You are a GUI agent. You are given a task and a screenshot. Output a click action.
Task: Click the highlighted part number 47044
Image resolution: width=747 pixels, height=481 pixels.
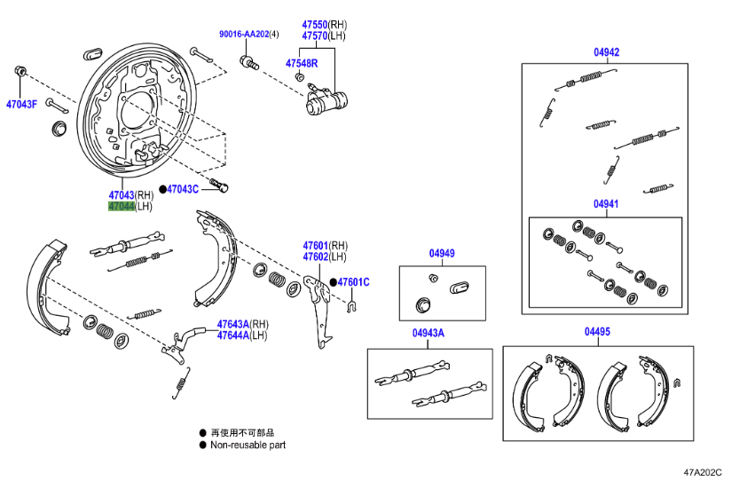122,207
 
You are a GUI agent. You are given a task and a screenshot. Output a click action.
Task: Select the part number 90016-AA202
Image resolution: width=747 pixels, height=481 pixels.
244,35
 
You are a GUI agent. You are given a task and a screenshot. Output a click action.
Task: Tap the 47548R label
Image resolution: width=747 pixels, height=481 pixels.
302,63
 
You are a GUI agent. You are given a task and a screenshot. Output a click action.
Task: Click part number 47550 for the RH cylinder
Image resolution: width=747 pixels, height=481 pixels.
314,24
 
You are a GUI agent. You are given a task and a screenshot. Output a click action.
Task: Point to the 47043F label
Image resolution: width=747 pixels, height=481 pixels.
21,104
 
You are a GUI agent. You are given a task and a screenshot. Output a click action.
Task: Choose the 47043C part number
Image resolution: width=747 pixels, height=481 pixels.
183,189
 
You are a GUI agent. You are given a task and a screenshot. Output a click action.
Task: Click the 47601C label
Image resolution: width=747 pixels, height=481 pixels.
353,282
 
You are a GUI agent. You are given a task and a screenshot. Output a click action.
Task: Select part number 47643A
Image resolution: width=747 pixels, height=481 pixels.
233,324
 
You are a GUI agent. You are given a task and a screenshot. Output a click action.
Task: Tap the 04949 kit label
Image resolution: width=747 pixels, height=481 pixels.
442,253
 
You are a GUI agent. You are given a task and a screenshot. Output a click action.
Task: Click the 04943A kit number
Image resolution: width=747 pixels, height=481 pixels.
429,333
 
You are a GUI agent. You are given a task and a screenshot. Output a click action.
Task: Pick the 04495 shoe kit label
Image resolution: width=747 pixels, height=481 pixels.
597,331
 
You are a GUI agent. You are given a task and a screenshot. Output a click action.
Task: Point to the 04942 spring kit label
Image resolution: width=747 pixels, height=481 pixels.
607,52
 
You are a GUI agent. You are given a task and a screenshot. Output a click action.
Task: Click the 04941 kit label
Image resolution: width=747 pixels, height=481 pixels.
606,204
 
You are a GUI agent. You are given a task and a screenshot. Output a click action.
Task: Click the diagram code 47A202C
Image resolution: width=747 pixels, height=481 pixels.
703,472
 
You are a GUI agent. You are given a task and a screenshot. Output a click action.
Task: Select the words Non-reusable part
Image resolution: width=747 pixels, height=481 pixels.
248,445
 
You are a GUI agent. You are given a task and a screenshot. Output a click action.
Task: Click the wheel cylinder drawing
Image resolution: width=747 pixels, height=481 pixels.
326,99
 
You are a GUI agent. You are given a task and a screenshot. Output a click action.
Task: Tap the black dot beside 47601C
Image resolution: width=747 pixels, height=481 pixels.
333,282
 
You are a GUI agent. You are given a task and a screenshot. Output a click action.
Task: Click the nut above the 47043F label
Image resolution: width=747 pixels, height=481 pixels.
20,71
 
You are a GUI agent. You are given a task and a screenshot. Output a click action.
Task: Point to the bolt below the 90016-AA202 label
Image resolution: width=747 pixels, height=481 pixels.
249,62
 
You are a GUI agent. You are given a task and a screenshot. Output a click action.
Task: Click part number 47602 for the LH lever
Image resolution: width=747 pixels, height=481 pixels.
315,257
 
